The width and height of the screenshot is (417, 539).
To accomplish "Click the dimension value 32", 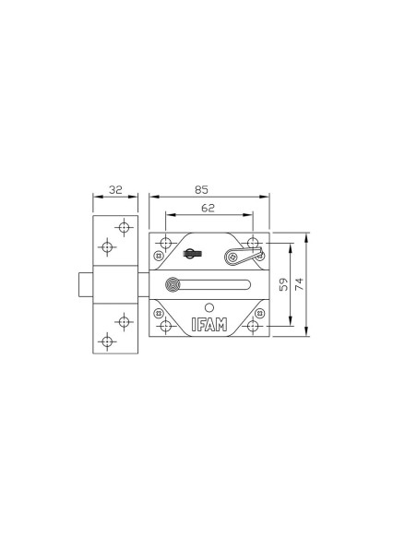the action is pos(115,189).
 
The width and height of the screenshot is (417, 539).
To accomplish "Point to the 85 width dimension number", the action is pos(202,189).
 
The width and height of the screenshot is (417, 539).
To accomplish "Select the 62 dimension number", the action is pos(208,208).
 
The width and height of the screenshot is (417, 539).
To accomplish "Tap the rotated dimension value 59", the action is pos(284,284).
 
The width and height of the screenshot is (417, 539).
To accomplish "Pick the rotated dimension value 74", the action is pos(300,284).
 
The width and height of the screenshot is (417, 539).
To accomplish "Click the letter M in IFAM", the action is pos(220,325).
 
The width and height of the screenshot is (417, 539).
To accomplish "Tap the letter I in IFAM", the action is pos(194,325).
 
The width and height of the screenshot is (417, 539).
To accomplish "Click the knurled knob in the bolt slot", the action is pos(173,285).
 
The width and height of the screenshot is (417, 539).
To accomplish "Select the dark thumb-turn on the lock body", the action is pos(193,254).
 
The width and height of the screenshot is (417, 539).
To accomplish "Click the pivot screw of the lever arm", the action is pos(232,257).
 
